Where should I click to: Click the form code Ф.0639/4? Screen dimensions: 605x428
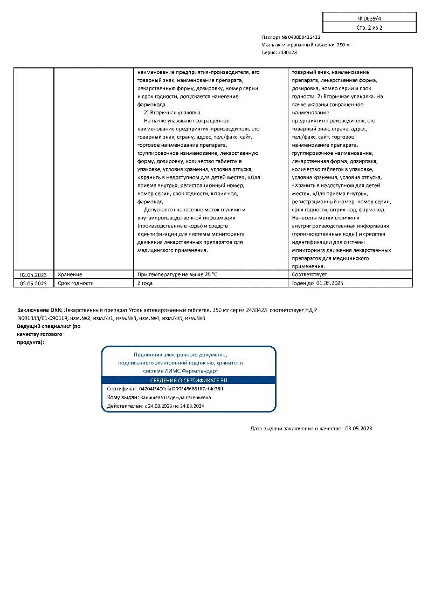tap(369, 18)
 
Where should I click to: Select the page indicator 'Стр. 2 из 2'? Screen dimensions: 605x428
tap(369, 27)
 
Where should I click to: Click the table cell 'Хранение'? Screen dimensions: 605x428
tap(70, 274)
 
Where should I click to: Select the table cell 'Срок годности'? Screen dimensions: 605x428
tap(75, 283)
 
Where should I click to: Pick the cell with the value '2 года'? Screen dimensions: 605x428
tap(146, 283)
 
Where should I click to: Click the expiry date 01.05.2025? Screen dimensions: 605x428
tap(330, 283)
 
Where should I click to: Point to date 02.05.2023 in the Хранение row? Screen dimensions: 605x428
tap(34, 274)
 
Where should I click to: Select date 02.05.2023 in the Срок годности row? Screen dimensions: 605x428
tap(34, 283)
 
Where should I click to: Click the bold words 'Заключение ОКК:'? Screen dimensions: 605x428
tap(39, 310)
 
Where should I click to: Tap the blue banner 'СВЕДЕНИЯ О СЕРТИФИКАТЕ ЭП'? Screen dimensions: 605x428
tap(189, 380)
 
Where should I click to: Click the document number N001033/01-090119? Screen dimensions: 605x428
tap(42, 318)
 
